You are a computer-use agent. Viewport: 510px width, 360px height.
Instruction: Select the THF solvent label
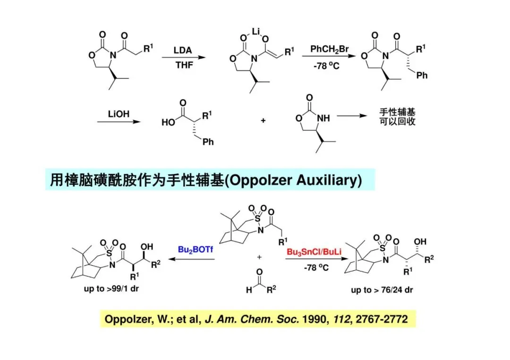184,65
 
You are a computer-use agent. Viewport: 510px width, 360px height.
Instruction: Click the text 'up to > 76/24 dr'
382,290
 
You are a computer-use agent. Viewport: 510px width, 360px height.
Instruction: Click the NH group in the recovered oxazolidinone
323,118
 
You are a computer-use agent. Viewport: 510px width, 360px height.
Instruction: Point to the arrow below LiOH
119,122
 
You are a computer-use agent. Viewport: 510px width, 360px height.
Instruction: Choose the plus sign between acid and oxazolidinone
263,121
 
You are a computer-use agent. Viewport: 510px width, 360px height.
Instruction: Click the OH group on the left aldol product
147,246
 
